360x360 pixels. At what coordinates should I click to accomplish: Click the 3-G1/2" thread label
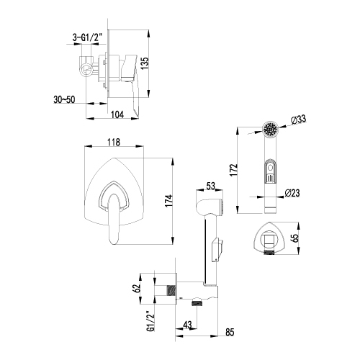87,37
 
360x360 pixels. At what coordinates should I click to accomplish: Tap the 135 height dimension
145,63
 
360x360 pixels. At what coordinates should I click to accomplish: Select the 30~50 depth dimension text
64,99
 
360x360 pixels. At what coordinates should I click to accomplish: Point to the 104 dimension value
117,114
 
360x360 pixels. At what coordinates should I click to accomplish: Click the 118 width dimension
114,142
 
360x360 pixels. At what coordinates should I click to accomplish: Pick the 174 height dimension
169,201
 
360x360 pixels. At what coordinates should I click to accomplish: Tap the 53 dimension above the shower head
210,186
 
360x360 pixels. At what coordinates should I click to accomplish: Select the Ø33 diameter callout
299,120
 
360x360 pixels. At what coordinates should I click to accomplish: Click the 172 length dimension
233,170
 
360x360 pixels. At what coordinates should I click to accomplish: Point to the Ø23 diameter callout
292,193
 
